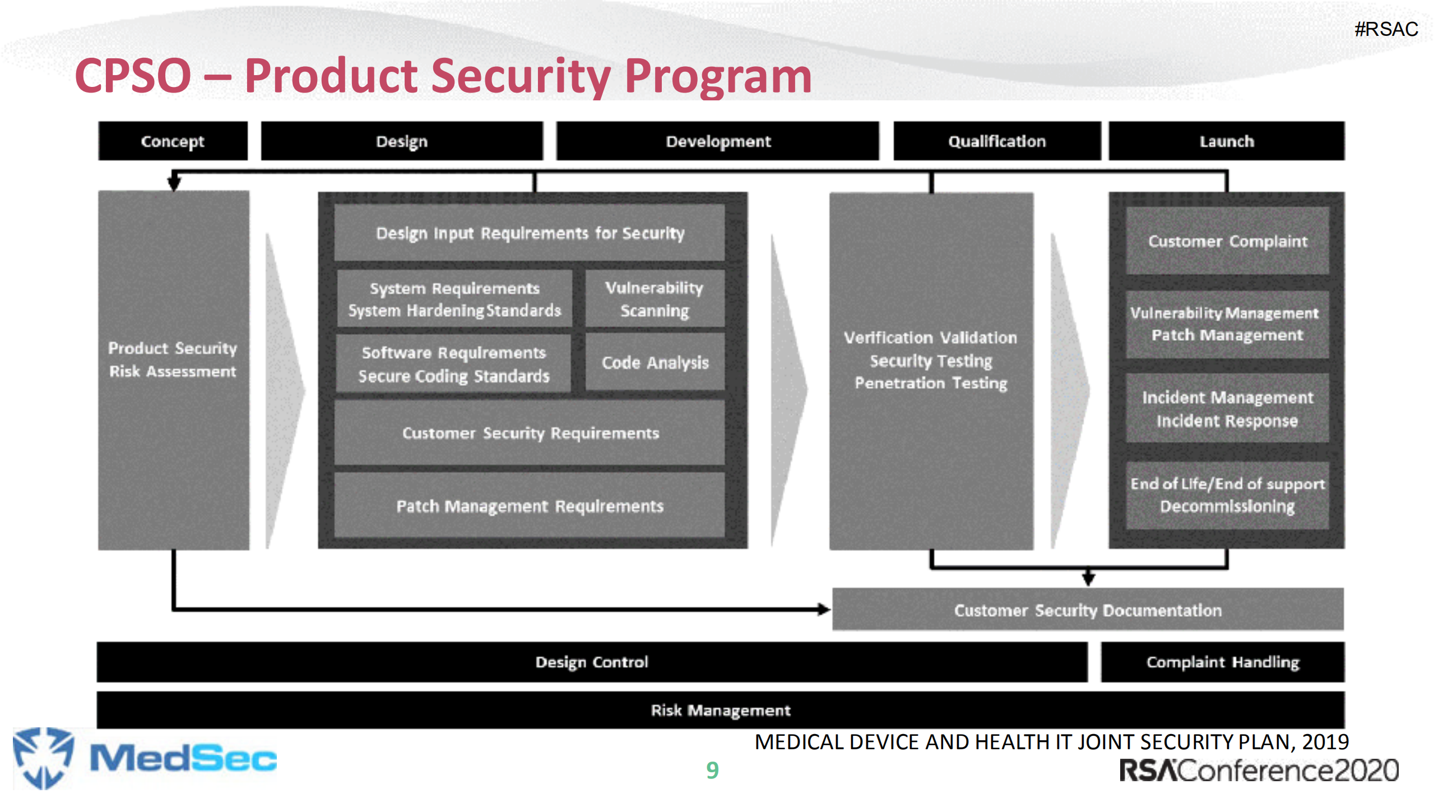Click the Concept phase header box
click(173, 141)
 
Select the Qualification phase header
click(996, 141)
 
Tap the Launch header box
click(1226, 141)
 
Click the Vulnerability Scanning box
click(655, 299)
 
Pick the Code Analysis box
click(655, 362)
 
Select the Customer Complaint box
click(1227, 241)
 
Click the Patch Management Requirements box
click(530, 506)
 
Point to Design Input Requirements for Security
click(530, 233)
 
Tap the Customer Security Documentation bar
click(1087, 610)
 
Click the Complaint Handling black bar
click(1222, 662)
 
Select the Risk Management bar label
click(720, 710)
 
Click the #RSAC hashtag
click(1386, 29)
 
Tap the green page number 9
click(712, 770)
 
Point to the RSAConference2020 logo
click(1259, 770)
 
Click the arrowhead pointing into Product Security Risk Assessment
click(174, 183)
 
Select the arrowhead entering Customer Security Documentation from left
click(824, 609)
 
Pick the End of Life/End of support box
click(1227, 495)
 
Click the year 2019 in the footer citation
click(1325, 742)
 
